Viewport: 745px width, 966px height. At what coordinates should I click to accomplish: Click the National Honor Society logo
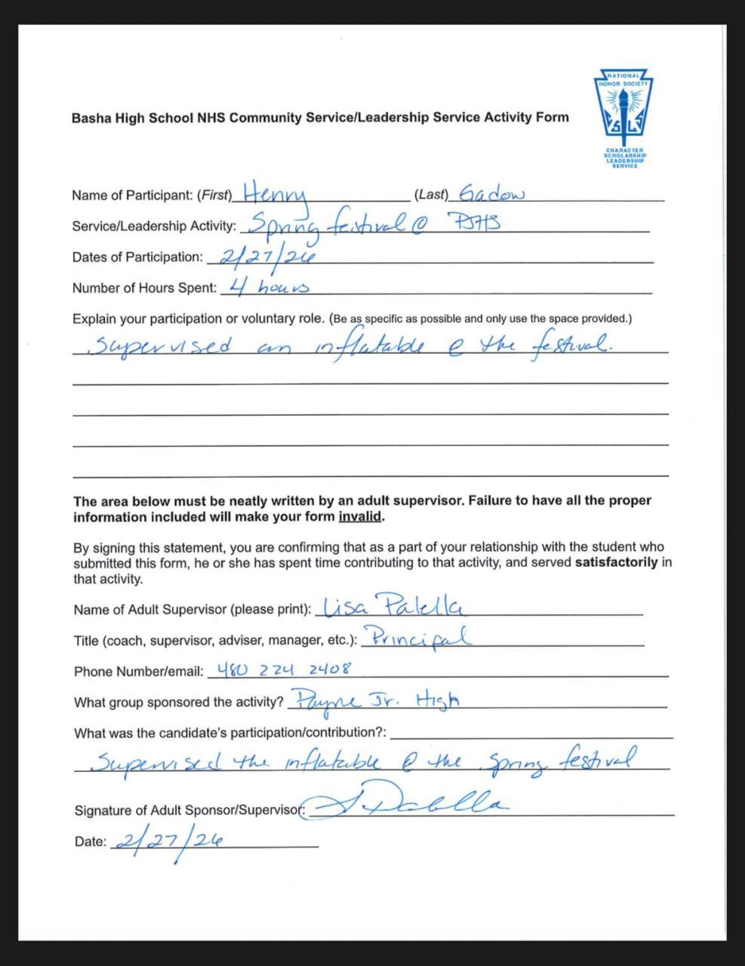(623, 118)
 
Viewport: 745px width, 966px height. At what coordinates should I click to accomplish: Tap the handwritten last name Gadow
(491, 194)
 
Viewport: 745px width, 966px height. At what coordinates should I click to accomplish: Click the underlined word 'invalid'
(360, 517)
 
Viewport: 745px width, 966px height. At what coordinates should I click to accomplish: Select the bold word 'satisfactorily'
(616, 563)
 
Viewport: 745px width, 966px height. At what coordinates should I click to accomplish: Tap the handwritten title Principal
(417, 638)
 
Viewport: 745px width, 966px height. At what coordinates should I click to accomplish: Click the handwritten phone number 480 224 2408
(284, 669)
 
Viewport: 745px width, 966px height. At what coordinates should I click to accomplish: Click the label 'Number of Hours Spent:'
(144, 288)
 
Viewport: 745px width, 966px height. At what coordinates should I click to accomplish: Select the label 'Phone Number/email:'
(139, 672)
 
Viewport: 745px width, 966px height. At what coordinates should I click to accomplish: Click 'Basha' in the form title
(91, 118)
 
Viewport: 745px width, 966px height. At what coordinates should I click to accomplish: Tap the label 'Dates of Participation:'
(137, 257)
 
